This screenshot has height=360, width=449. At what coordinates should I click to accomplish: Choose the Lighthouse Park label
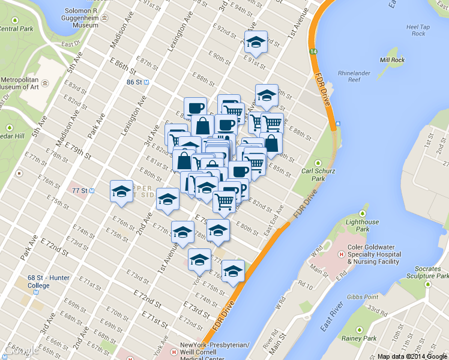click(x=363, y=226)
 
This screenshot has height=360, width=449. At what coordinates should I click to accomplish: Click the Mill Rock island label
click(x=393, y=60)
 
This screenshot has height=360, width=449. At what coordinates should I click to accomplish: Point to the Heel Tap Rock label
click(x=415, y=30)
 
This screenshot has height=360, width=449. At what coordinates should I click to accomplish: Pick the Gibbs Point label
click(x=362, y=297)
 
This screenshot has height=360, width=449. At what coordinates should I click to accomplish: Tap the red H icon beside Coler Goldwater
click(x=342, y=254)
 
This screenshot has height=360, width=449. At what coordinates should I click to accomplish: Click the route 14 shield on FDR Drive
click(x=313, y=52)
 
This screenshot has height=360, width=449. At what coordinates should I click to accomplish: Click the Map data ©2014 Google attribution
click(x=412, y=356)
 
